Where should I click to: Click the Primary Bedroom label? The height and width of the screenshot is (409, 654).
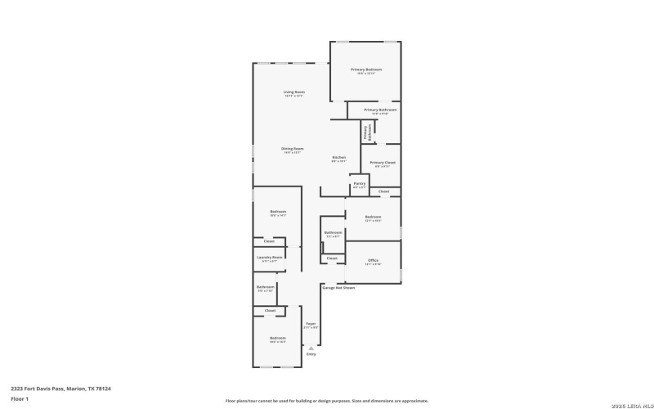[366, 70]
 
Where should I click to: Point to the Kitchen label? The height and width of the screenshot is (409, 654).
[338, 157]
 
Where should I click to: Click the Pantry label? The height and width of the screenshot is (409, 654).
[360, 184]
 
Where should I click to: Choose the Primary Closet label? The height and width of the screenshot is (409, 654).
[383, 163]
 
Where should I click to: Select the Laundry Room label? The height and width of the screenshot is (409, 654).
[269, 257]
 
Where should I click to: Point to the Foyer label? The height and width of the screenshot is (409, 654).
[311, 324]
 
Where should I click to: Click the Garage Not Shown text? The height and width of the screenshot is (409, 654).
[338, 288]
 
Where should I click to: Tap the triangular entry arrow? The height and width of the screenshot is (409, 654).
[311, 348]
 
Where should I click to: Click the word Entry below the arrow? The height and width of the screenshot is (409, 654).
[311, 354]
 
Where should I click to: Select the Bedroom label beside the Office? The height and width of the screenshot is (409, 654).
[373, 217]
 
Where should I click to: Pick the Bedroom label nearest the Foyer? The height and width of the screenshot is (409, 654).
[278, 337]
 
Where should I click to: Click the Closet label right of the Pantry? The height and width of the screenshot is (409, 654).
[383, 191]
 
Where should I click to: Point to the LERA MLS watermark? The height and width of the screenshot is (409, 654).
[630, 401]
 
